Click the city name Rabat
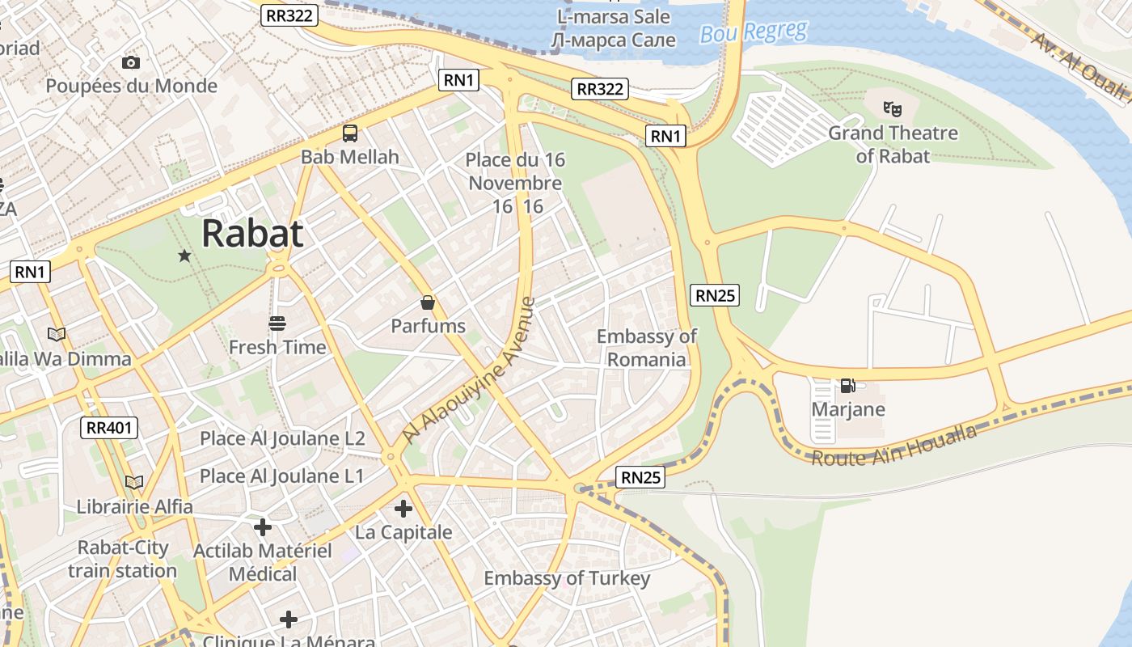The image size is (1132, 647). click(x=252, y=233)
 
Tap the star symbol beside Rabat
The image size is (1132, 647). click(x=184, y=256)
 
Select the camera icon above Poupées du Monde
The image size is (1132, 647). click(x=131, y=62)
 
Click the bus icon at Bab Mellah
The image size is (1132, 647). click(x=350, y=133)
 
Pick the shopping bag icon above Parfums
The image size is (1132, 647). click(x=428, y=303)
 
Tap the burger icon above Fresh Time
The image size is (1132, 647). click(x=277, y=324)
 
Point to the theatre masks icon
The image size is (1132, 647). click(x=893, y=108)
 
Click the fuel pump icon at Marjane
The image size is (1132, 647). click(x=847, y=386)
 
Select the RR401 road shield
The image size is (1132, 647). click(x=110, y=428)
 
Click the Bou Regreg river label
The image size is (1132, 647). click(x=754, y=32)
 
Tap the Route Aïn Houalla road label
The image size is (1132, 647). click(x=893, y=446)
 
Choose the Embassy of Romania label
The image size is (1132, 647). click(x=646, y=348)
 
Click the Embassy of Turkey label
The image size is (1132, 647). click(x=566, y=578)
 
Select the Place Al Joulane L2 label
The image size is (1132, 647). click(x=282, y=438)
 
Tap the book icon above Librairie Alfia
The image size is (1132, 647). click(x=134, y=483)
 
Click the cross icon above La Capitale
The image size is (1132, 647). click(x=403, y=509)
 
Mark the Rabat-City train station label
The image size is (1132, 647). click(x=123, y=559)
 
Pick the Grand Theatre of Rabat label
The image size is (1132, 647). click(x=893, y=144)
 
